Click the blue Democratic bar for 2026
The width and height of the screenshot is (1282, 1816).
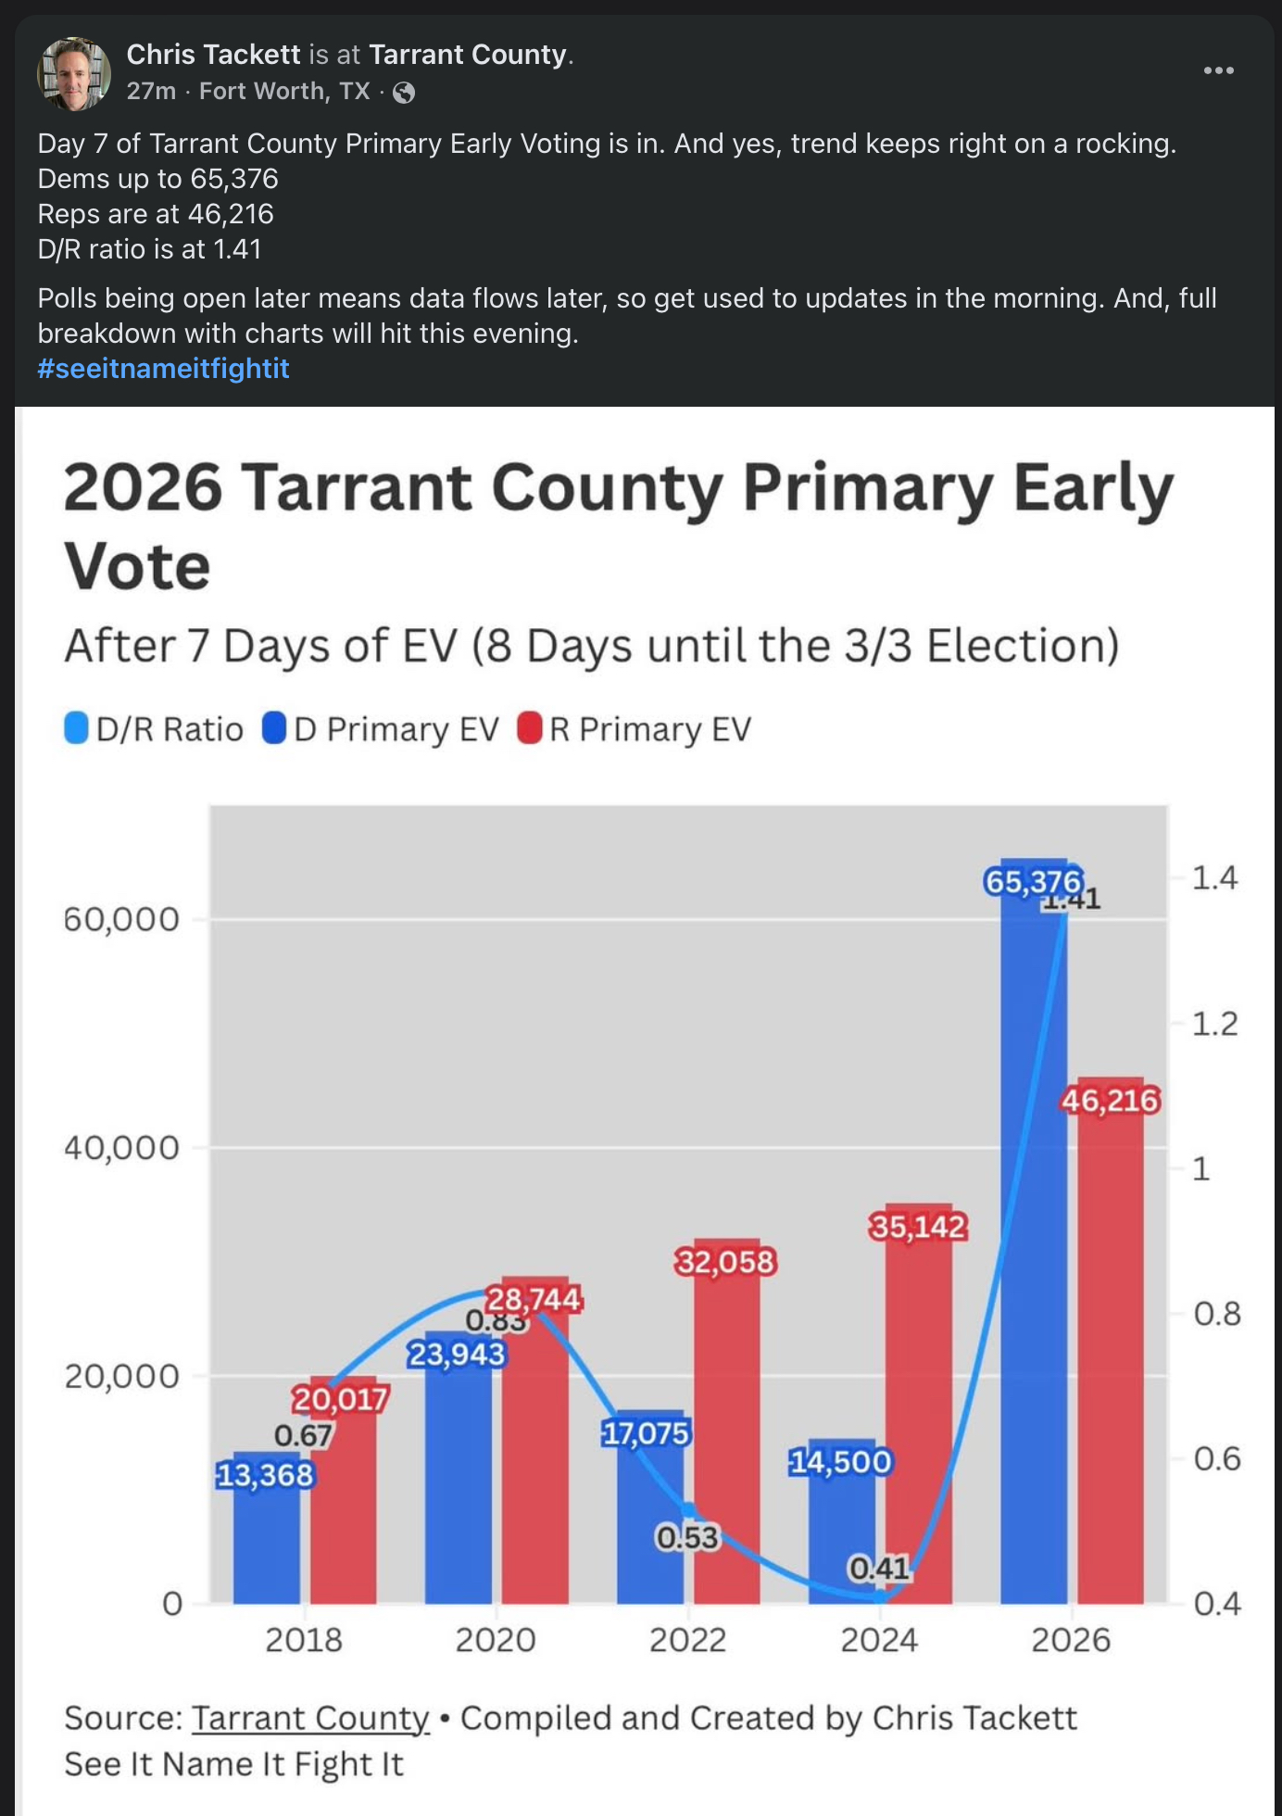[1033, 1251]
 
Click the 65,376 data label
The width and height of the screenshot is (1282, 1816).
[1033, 881]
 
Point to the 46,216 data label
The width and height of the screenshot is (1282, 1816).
[1110, 1101]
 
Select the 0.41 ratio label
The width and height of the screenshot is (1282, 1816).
[879, 1568]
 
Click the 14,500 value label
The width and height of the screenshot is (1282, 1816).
[840, 1461]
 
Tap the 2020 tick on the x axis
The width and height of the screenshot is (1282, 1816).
[496, 1640]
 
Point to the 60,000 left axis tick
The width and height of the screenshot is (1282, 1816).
[121, 919]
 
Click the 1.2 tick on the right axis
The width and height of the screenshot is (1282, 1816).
[1214, 1024]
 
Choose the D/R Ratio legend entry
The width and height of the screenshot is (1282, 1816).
[155, 729]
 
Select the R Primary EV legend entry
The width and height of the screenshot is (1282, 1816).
[635, 729]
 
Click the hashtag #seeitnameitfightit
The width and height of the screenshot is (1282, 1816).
[163, 369]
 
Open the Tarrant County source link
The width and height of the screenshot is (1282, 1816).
[310, 1718]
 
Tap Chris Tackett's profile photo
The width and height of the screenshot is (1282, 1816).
[73, 73]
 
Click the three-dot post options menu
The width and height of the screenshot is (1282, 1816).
[1218, 70]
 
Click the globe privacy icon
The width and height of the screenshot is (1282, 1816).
[404, 92]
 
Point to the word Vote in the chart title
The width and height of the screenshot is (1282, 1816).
[137, 567]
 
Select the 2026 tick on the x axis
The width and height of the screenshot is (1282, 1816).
[1071, 1640]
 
